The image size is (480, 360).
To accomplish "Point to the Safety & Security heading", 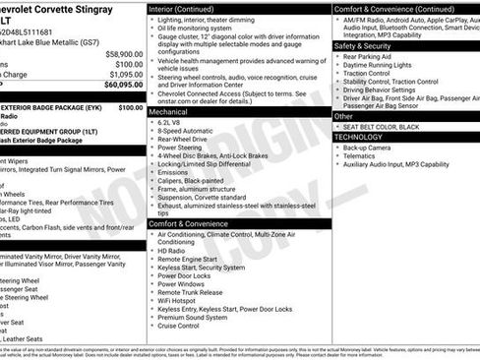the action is coord(362,45).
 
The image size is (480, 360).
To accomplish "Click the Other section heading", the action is coord(343,116).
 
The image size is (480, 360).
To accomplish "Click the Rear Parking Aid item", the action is coord(369,57).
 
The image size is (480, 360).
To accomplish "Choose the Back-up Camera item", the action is coord(367,148).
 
